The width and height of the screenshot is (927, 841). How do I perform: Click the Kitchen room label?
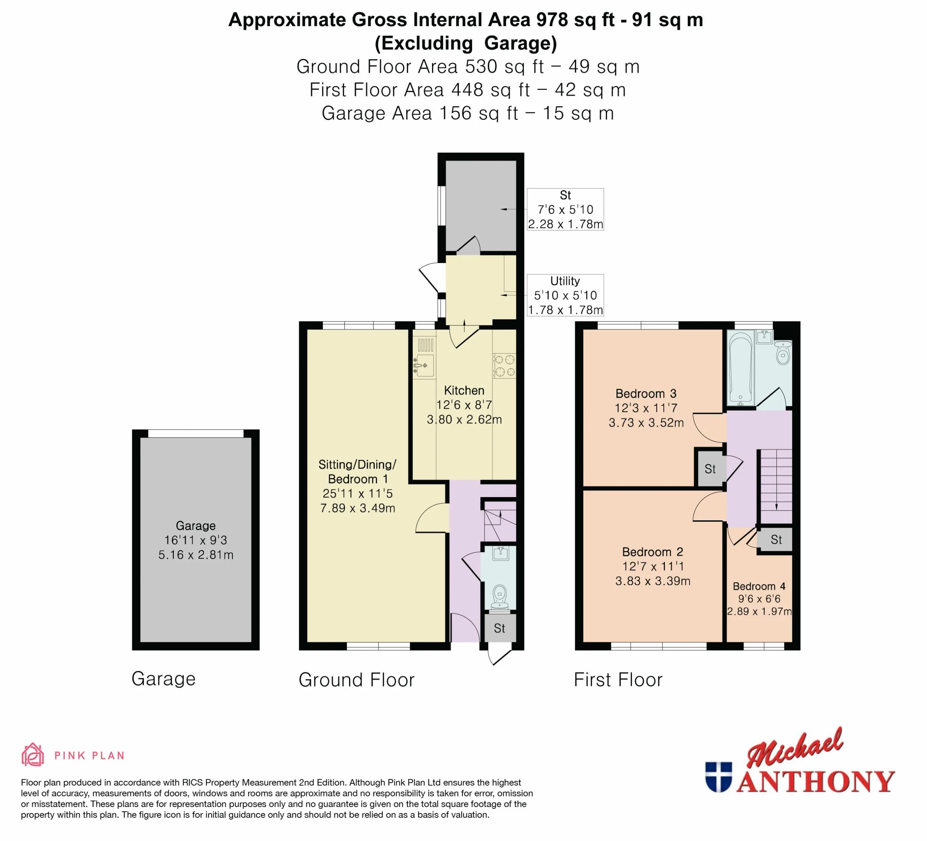click(464, 391)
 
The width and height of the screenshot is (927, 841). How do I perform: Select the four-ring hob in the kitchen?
click(504, 366)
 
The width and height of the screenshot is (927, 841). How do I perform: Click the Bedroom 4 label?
click(759, 586)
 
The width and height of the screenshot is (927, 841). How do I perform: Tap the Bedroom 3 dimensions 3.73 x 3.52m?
click(646, 422)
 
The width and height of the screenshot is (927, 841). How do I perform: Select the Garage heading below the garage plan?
click(164, 679)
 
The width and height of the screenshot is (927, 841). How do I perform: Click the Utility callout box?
click(565, 295)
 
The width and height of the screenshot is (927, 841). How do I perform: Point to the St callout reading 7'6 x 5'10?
click(565, 209)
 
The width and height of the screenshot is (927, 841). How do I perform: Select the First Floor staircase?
click(775, 486)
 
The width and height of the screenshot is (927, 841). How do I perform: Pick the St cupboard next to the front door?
click(499, 628)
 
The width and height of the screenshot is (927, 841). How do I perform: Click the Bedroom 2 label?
click(653, 551)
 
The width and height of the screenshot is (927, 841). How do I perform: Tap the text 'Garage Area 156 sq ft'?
click(420, 113)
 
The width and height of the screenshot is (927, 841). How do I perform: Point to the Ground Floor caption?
click(356, 679)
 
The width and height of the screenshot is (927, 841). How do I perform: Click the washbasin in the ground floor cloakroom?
click(500, 553)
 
